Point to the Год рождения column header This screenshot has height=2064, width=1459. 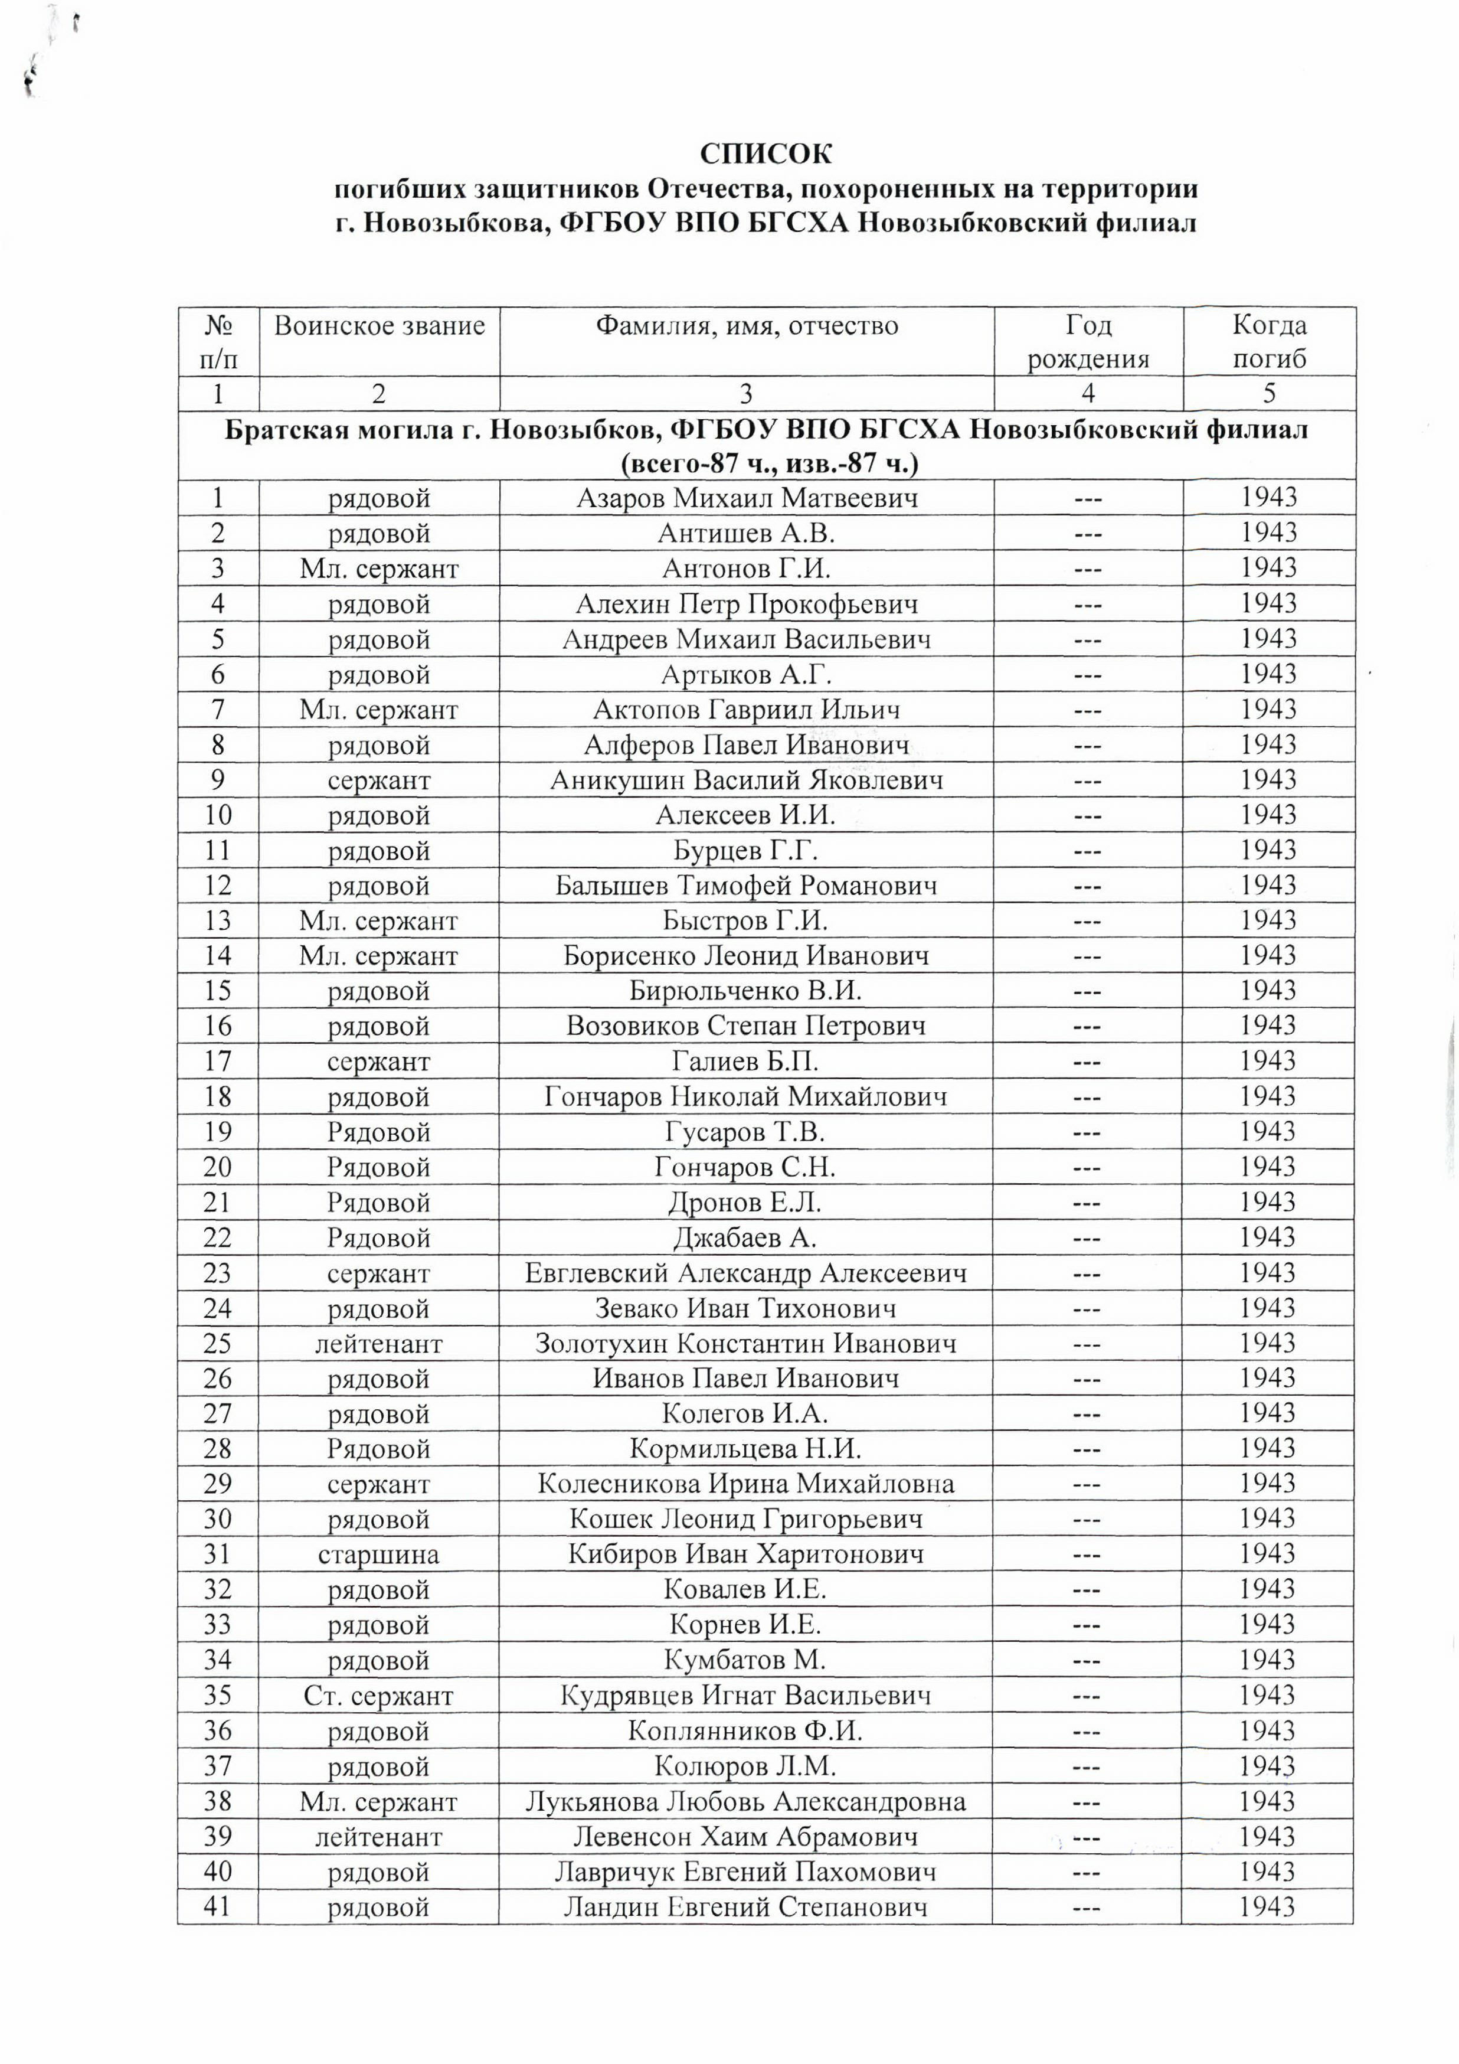pyautogui.click(x=1088, y=342)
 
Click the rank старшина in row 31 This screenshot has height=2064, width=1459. pyautogui.click(x=378, y=1554)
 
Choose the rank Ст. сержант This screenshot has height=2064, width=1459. pyautogui.click(x=378, y=1696)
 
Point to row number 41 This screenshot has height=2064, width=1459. pyautogui.click(x=218, y=1908)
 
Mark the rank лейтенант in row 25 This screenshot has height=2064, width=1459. pyautogui.click(x=378, y=1344)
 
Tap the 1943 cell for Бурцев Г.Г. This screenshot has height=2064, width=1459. pyautogui.click(x=1268, y=850)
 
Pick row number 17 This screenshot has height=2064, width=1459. pyautogui.click(x=218, y=1062)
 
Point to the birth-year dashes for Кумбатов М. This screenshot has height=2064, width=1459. pyautogui.click(x=1088, y=1660)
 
